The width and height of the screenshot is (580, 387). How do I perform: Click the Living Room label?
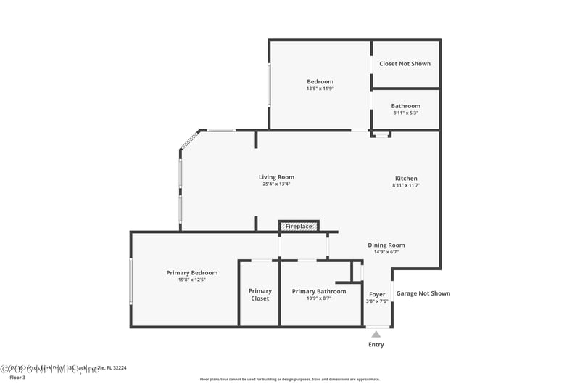[276, 177]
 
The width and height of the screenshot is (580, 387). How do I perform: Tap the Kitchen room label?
[405, 179]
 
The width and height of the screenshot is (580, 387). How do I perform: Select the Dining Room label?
[386, 245]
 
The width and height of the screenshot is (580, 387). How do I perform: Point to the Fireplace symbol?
[299, 227]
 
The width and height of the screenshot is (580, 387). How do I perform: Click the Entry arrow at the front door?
[375, 334]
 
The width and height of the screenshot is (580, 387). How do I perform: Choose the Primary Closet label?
[260, 295]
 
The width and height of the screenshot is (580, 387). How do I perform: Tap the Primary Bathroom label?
[318, 291]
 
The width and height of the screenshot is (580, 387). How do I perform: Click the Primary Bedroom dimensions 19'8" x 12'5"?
[191, 280]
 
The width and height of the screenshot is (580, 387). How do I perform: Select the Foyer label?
[377, 294]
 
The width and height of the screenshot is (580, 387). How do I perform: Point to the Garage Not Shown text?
[423, 293]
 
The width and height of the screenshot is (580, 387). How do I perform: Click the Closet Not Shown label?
[405, 64]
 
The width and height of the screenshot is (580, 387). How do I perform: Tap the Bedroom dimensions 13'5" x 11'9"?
[320, 89]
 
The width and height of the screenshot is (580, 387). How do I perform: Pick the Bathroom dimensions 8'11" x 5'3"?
[405, 113]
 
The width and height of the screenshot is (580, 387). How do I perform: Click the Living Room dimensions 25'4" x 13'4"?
[276, 184]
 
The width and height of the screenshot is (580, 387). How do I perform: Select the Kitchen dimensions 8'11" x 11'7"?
[405, 186]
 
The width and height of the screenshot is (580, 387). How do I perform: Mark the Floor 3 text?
[17, 378]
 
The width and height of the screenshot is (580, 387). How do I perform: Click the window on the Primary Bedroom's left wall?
[131, 281]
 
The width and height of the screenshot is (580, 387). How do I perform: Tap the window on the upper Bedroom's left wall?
[270, 86]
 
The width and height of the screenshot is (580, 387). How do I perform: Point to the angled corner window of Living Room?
[189, 139]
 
